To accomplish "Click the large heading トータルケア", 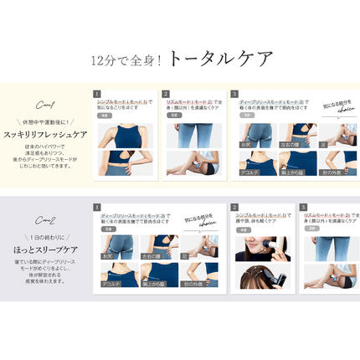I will tap(220, 58).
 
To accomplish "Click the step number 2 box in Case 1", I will tap(166, 94).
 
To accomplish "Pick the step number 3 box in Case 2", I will tap(303, 206).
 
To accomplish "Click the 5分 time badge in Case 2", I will tap(110, 228).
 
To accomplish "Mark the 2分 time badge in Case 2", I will tap(311, 228).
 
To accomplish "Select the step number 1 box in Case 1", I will tap(97, 94).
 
